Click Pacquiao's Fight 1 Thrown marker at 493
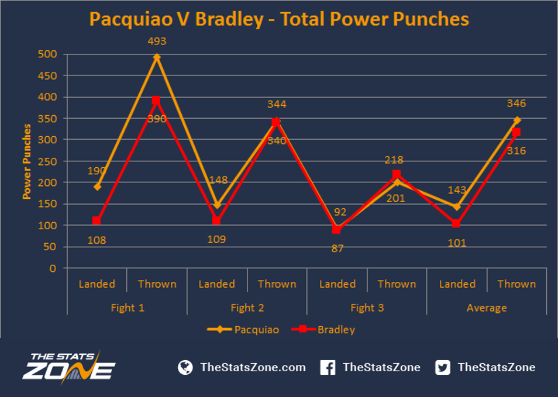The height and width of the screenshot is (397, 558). [157, 57]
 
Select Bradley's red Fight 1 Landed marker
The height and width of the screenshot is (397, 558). [97, 221]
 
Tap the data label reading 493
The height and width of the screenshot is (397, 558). [157, 42]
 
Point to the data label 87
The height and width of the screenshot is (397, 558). [337, 248]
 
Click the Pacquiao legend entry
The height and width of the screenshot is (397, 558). [243, 329]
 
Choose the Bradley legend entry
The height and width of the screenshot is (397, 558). [323, 329]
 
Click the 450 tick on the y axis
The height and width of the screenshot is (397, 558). [48, 76]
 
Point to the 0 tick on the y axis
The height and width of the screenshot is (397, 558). [53, 268]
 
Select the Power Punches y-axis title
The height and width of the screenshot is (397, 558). [27, 161]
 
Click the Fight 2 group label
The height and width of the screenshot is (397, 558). [247, 308]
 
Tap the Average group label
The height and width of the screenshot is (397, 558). [487, 308]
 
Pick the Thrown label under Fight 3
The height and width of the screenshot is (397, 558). [397, 284]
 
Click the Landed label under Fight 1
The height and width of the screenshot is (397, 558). [97, 284]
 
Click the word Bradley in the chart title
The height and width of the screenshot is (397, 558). [229, 19]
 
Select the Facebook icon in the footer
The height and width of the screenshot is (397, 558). [328, 368]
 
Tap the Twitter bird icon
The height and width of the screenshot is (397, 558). [443, 368]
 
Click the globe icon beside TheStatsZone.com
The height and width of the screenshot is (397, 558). [185, 368]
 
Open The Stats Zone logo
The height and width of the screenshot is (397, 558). [69, 368]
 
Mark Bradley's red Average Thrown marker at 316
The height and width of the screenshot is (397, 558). [516, 132]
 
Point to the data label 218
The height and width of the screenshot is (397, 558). [394, 160]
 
